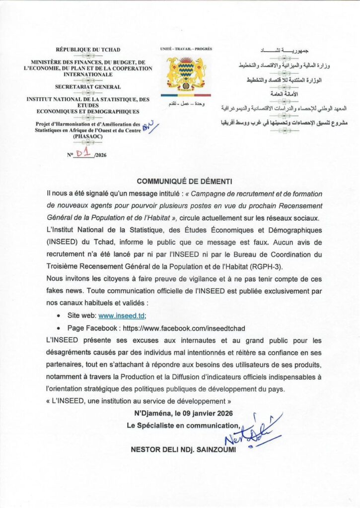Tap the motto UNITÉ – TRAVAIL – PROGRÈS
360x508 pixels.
186,49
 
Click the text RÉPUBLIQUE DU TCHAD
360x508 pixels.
88,50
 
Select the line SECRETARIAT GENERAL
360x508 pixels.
88,87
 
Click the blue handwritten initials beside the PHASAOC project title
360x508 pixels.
148,126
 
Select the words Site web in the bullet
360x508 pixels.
82,315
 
